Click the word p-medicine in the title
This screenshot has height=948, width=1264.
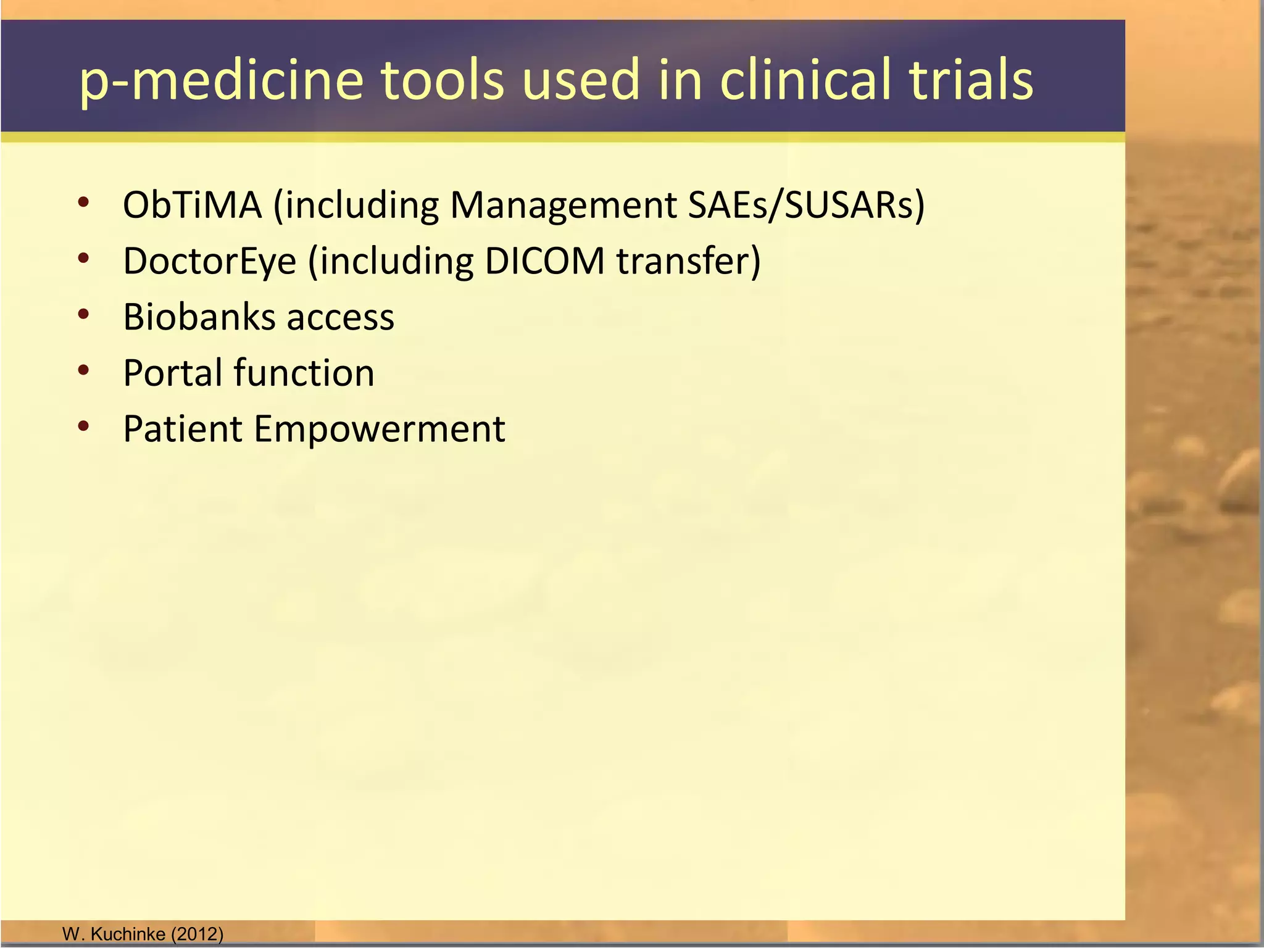coord(222,80)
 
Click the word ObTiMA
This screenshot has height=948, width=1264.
coord(192,205)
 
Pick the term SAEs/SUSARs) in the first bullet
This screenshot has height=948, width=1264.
coord(806,205)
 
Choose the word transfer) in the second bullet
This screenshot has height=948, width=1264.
coord(689,261)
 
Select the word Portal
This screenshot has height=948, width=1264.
coord(173,373)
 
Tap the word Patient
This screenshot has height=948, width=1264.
coord(183,429)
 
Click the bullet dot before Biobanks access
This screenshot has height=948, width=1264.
coord(84,314)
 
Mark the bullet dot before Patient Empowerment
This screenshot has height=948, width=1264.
coord(84,426)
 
